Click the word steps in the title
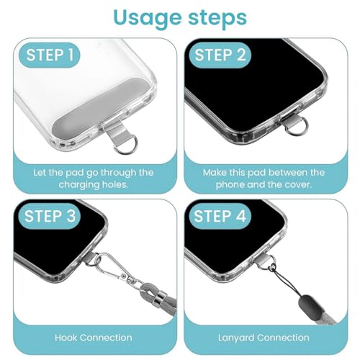217,17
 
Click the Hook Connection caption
94,337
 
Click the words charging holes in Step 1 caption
94,184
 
